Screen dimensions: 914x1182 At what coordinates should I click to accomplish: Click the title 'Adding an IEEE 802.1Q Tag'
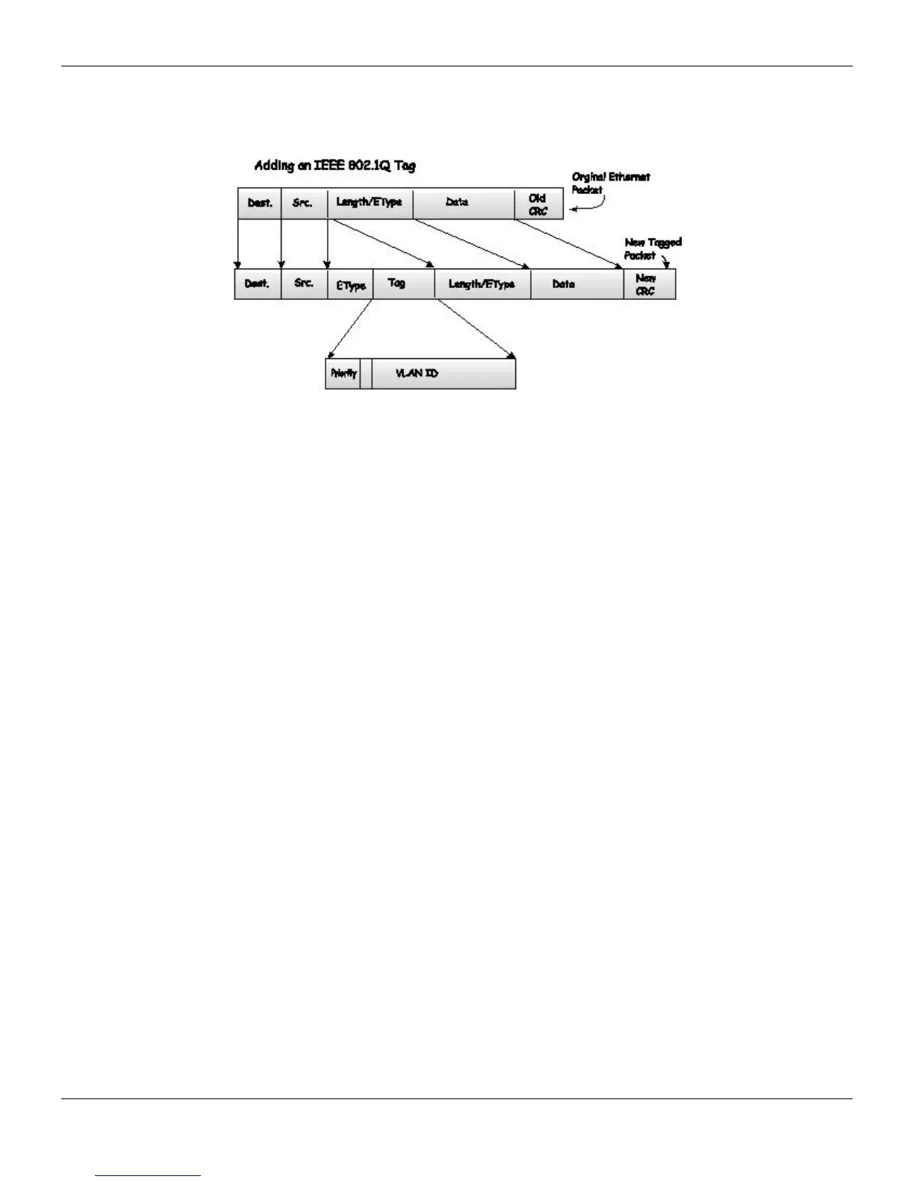tap(335, 166)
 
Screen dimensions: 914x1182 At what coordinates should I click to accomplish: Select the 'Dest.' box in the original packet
tap(259, 203)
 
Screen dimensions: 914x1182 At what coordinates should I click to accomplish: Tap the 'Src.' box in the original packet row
tap(303, 203)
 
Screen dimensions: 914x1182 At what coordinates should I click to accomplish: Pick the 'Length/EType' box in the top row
tap(370, 203)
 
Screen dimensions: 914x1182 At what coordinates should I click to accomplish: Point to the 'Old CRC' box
tap(538, 204)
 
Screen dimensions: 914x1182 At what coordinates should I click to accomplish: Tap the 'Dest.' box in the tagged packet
tap(258, 284)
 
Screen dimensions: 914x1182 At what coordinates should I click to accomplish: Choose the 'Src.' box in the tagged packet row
tap(304, 284)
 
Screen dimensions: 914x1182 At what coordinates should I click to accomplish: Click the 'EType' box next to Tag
tap(350, 285)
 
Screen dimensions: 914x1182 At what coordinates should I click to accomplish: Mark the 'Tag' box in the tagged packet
tap(402, 284)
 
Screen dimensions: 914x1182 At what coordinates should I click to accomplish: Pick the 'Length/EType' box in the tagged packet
tap(482, 284)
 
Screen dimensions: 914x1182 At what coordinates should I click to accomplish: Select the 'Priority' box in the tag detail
tap(343, 374)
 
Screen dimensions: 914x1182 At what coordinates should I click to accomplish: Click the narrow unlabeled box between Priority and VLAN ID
tap(365, 374)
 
